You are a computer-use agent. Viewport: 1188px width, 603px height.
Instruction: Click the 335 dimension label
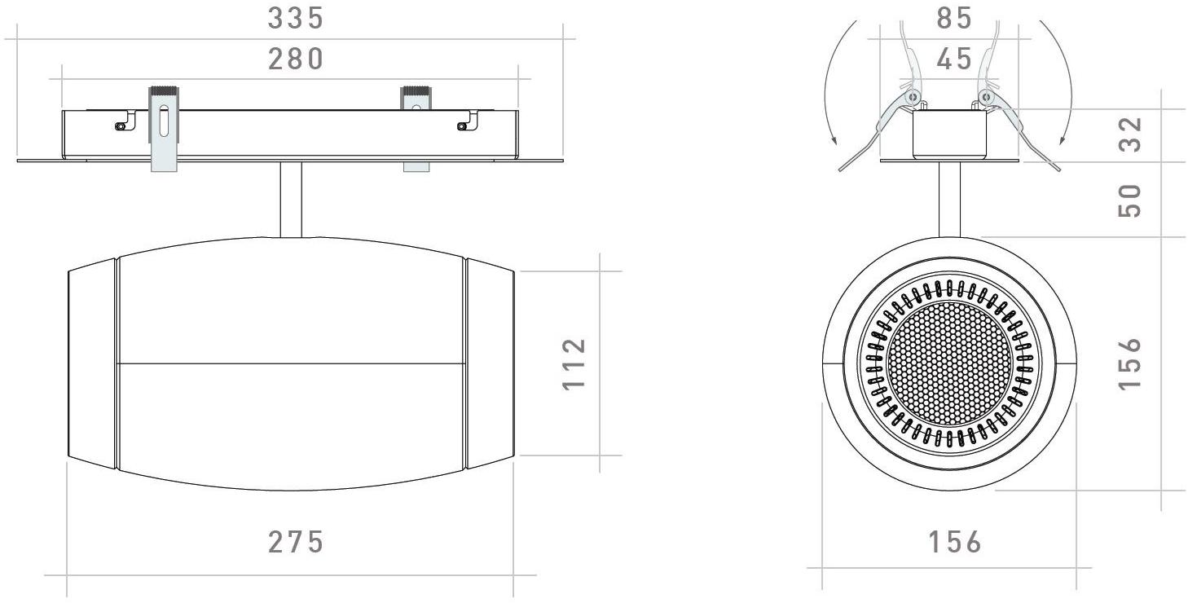pyautogui.click(x=297, y=18)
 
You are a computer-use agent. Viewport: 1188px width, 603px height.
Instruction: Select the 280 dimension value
pyautogui.click(x=297, y=59)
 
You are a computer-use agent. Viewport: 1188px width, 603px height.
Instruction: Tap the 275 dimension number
pyautogui.click(x=297, y=542)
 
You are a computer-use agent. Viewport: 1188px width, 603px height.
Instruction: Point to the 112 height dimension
pyautogui.click(x=574, y=363)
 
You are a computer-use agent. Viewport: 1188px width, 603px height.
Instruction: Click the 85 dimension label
pyautogui.click(x=954, y=18)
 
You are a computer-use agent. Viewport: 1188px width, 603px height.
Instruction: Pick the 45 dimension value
pyautogui.click(x=954, y=59)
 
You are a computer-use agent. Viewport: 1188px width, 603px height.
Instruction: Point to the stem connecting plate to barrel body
pyautogui.click(x=291, y=200)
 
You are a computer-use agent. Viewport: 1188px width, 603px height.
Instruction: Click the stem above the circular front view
pyautogui.click(x=949, y=200)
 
